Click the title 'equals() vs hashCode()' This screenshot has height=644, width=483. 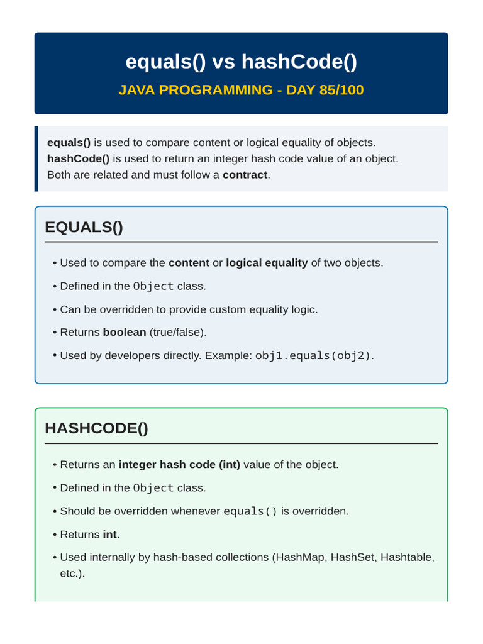click(241, 62)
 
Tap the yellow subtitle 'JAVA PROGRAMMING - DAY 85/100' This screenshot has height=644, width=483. click(241, 90)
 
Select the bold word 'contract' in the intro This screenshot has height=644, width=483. click(245, 175)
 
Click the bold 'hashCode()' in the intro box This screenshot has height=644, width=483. click(79, 159)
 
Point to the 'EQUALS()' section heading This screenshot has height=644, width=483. click(84, 227)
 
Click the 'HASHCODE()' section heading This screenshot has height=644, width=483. click(96, 428)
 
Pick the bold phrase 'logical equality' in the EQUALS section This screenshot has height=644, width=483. click(267, 263)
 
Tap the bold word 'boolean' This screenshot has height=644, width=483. click(125, 332)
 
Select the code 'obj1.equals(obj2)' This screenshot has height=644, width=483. click(313, 356)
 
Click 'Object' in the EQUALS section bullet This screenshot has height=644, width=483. click(153, 286)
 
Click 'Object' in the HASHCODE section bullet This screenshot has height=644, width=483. click(153, 488)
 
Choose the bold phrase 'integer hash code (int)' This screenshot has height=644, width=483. click(179, 465)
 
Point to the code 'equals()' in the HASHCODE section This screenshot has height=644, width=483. click(250, 511)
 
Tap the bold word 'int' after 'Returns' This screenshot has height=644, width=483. click(109, 535)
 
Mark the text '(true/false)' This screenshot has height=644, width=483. click(177, 332)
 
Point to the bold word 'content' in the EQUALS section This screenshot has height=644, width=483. click(189, 263)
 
